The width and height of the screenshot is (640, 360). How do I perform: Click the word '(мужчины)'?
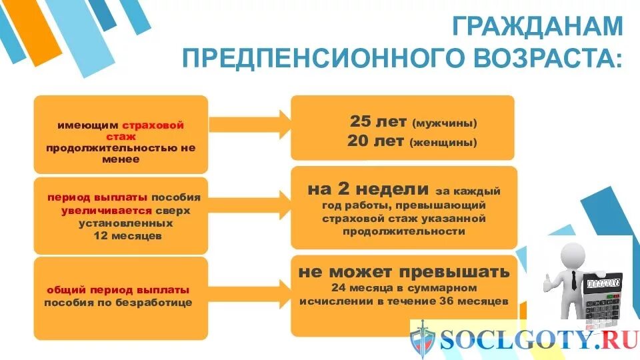point(445,124)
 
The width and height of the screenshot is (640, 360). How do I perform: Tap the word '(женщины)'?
point(443,143)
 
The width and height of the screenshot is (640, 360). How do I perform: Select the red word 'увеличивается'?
point(97,210)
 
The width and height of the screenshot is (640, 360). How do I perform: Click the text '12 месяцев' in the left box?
point(121,235)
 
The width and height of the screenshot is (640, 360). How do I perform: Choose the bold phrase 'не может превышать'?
point(404,272)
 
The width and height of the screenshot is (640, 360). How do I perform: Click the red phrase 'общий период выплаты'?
point(118,290)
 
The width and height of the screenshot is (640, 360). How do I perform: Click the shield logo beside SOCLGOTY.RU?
point(422,339)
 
